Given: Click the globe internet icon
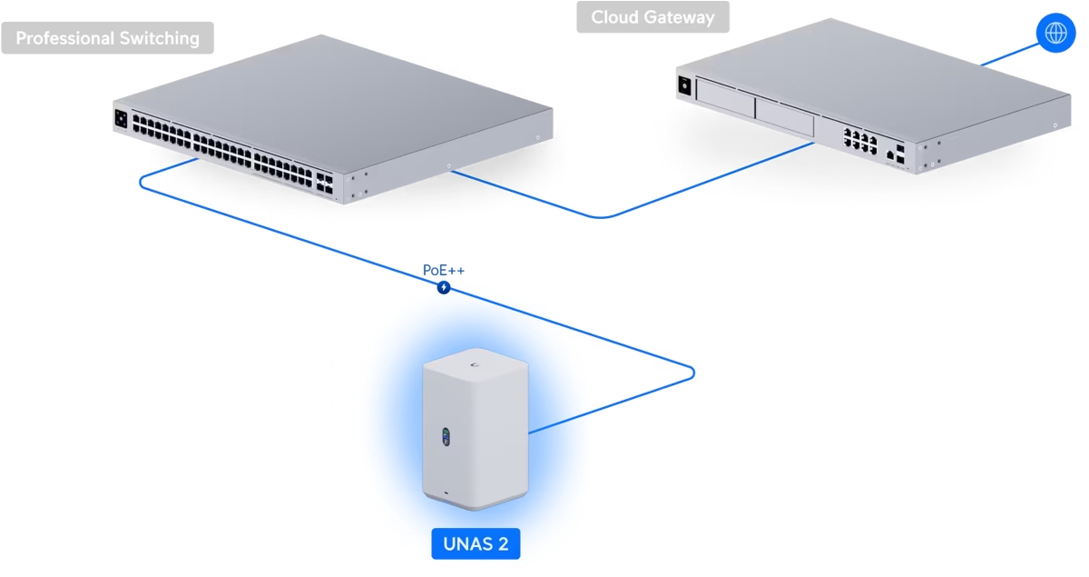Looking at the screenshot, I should (x=1055, y=33).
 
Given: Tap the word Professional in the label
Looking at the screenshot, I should (x=69, y=38).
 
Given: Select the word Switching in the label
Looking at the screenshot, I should (x=162, y=38).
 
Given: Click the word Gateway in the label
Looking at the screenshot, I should (x=681, y=17).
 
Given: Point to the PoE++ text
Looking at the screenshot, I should (x=444, y=271).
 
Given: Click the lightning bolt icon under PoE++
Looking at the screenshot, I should (x=444, y=288).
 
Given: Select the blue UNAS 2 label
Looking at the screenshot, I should (x=476, y=544).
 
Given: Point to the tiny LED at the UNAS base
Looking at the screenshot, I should (x=446, y=494).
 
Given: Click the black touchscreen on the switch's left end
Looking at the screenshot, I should (x=121, y=117).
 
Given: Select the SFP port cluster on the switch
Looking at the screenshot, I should (x=325, y=182).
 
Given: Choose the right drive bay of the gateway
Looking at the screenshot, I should (x=785, y=117).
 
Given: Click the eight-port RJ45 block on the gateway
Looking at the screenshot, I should (x=859, y=142).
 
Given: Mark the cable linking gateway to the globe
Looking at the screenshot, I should (x=1007, y=54).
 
